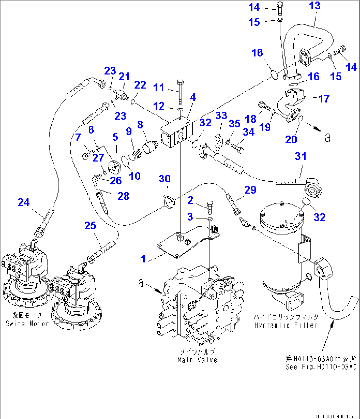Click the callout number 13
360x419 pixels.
315,6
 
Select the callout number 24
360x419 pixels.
24,202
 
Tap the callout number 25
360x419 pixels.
90,226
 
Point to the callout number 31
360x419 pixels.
301,156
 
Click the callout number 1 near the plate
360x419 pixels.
143,258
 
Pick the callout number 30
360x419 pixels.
165,179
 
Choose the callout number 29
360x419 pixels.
250,190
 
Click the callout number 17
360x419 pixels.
324,98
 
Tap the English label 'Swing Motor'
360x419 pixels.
27,324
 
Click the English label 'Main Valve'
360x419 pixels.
197,360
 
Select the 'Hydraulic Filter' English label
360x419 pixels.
286,325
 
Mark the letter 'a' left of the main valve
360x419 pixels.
141,283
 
